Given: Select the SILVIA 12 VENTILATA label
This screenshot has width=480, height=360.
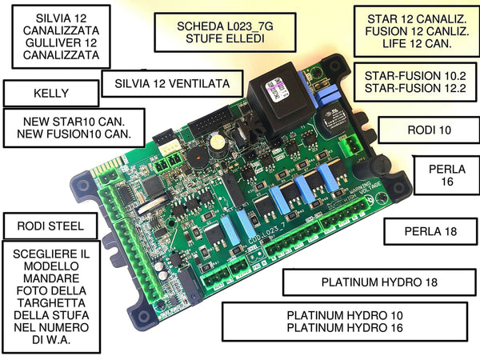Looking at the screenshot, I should click(x=173, y=83).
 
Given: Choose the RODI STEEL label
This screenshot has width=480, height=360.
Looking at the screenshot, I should click(x=49, y=226).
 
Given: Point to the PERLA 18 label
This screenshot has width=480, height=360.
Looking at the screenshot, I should click(x=429, y=231).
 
